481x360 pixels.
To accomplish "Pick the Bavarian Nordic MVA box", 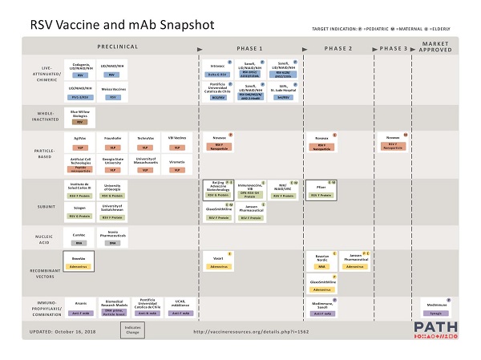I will (321, 261).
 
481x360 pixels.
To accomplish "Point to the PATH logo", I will (437, 330).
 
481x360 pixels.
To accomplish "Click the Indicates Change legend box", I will (132, 330).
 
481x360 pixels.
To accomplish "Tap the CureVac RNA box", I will (79, 238).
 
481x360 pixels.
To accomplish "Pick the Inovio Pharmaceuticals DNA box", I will (113, 238).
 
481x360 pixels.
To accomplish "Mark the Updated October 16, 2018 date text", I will (63, 330).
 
